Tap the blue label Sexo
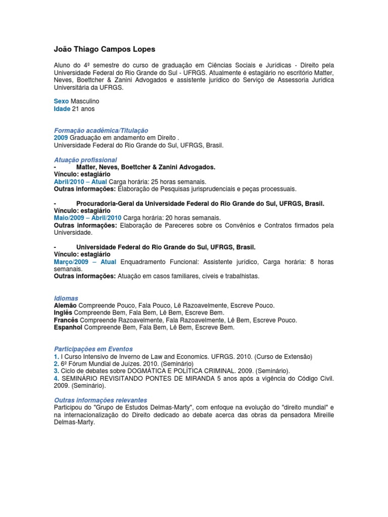point(61,101)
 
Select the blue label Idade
point(62,109)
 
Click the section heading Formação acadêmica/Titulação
point(101,130)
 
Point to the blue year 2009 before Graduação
point(61,137)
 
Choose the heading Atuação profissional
point(85,160)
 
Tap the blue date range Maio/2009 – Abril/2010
point(87,218)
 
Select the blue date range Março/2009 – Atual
point(85,262)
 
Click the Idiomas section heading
point(66,298)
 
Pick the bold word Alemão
point(66,305)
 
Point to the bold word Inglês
point(64,313)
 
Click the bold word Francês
point(66,320)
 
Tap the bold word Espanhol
point(68,327)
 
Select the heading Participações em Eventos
point(93,349)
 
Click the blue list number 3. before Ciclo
point(57,371)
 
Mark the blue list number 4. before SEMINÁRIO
point(57,378)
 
